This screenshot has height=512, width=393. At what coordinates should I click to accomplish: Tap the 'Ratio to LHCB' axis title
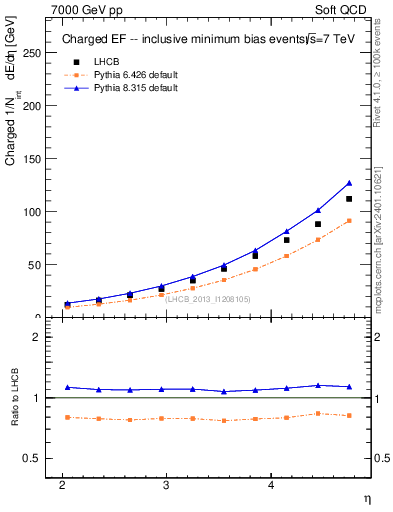click(x=14, y=399)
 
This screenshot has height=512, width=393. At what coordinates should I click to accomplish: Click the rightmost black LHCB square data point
click(x=349, y=199)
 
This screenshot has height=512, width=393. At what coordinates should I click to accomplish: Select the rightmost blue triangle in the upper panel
click(x=349, y=183)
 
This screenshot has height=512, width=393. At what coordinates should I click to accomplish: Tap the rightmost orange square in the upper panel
click(x=349, y=221)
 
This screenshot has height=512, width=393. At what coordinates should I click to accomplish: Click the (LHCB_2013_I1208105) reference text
click(x=207, y=299)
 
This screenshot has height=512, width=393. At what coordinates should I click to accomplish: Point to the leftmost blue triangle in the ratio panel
click(x=67, y=387)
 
